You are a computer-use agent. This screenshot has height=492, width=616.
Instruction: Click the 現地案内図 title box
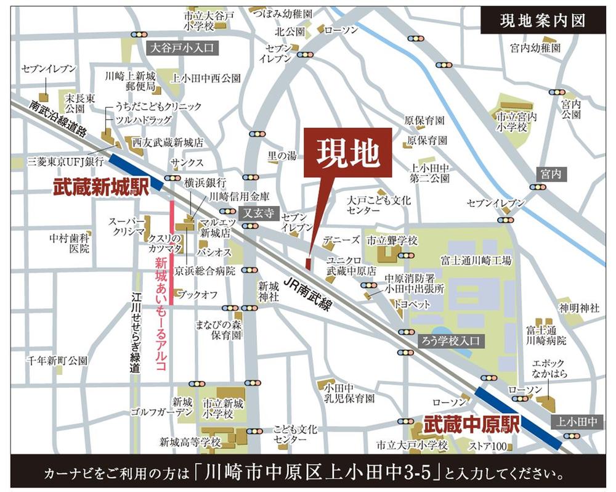click(543, 21)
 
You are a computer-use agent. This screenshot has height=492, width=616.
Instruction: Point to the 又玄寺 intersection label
click(255, 213)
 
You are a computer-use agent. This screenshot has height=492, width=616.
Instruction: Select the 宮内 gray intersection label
click(551, 174)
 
